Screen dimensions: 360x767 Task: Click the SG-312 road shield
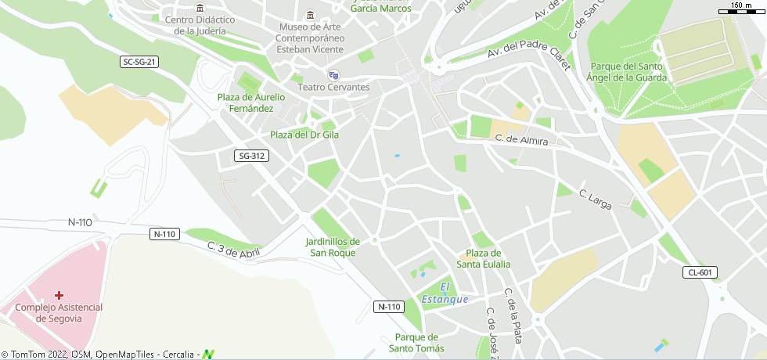click(251, 157)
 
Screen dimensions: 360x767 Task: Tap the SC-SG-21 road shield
click(140, 62)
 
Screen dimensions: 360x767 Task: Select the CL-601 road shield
click(700, 272)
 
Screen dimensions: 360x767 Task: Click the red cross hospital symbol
click(59, 295)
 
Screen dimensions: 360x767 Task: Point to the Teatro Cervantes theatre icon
click(334, 75)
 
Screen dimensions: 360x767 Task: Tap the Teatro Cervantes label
click(334, 87)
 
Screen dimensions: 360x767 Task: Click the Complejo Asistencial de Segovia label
click(59, 313)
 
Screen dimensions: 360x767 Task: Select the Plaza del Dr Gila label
click(304, 135)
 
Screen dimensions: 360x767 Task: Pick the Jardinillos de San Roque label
click(333, 247)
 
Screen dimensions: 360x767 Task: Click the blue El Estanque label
click(445, 293)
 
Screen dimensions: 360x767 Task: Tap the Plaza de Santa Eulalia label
click(484, 258)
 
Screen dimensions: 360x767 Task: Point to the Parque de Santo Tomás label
click(416, 343)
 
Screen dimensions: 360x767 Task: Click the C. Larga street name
click(595, 199)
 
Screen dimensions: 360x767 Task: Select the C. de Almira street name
click(521, 139)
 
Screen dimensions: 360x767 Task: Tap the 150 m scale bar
click(742, 9)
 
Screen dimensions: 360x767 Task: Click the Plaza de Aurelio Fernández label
click(251, 103)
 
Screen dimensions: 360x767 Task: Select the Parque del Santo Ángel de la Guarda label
click(628, 72)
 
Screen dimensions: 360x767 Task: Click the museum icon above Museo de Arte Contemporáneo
click(311, 16)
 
